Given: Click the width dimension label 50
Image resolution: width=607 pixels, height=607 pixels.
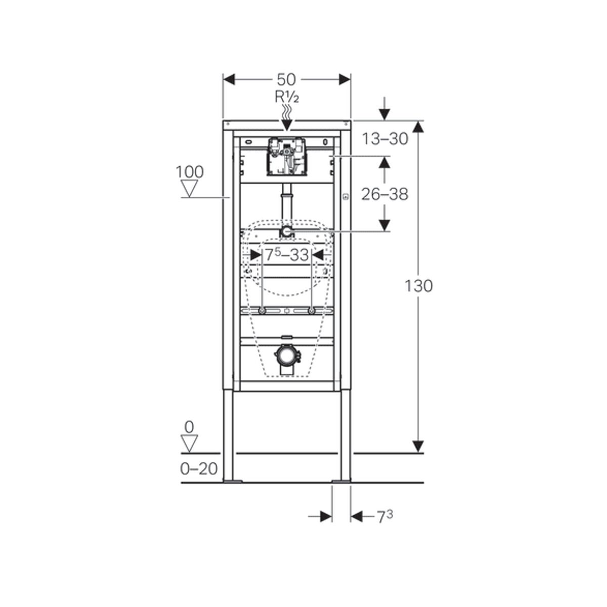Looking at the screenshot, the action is pos(286,80).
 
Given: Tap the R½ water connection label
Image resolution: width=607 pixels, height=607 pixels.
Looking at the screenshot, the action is pos(287,97).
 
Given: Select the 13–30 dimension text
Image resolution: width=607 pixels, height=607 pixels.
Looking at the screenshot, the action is pos(384,139).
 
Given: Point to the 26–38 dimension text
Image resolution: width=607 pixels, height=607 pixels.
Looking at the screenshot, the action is pos(384,194).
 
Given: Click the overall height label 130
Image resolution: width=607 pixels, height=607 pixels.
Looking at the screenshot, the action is pos(418,286).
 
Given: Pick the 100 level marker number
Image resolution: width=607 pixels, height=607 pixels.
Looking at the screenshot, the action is pos(190,172).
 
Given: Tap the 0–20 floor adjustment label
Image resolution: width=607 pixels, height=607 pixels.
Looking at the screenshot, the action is pos(199,469).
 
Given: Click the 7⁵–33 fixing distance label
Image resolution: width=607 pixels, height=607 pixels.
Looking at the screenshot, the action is pos(286,254).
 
